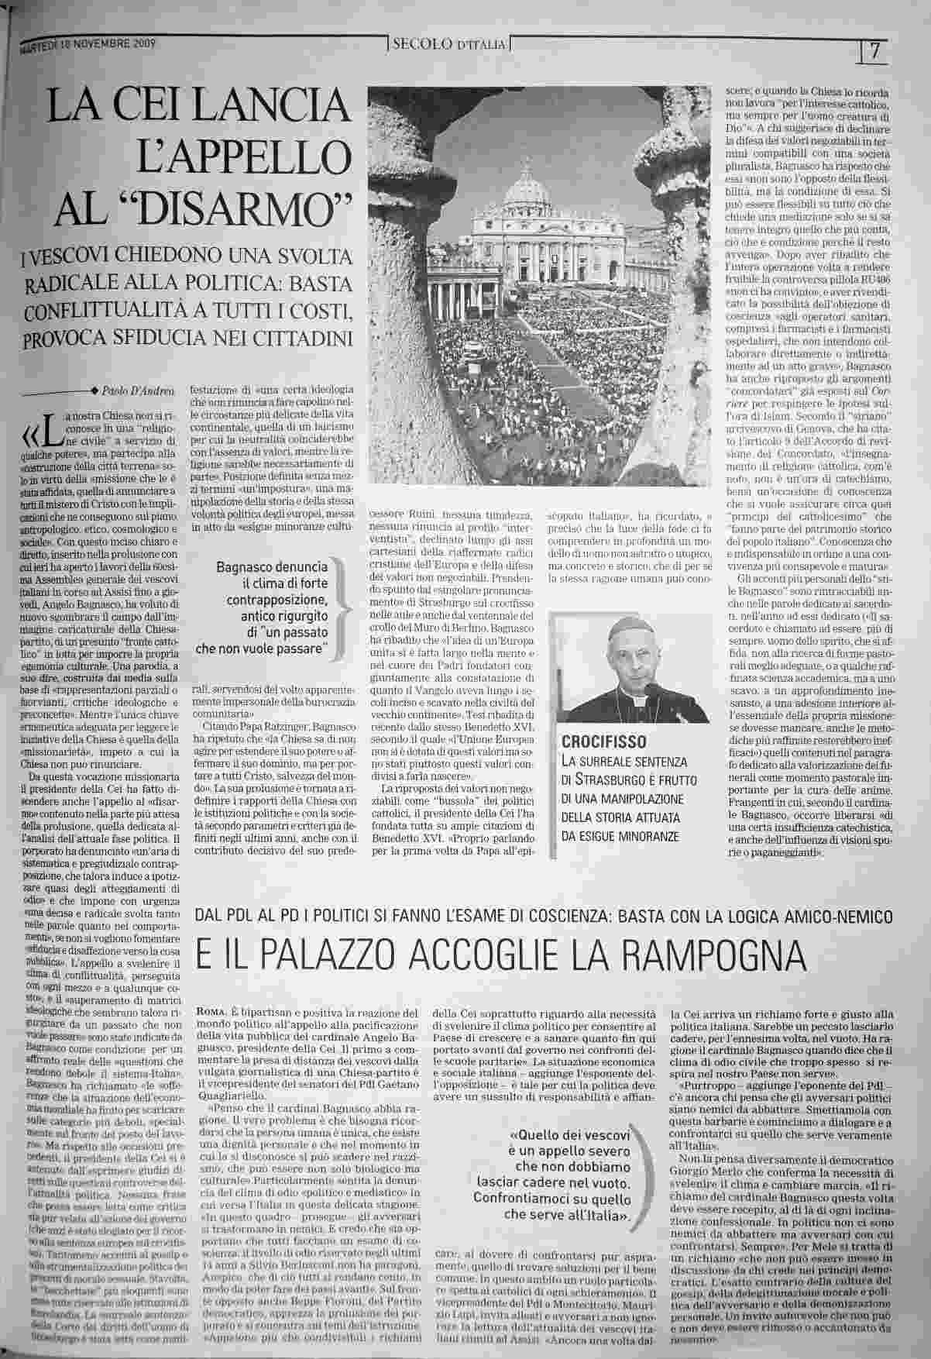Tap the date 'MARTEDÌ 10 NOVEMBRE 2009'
coord(87,45)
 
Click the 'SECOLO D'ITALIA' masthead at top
coord(449,44)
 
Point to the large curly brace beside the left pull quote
coord(338,610)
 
